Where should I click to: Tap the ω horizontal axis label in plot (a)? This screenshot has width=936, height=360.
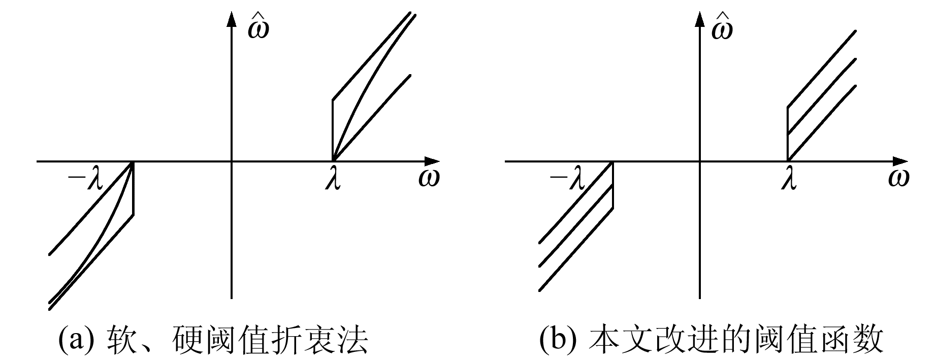(x=429, y=179)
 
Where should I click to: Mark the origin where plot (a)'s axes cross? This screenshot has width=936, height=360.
(x=232, y=161)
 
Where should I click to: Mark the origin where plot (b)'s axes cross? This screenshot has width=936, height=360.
(x=700, y=161)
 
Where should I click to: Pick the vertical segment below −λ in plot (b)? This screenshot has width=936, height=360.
(x=613, y=185)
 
